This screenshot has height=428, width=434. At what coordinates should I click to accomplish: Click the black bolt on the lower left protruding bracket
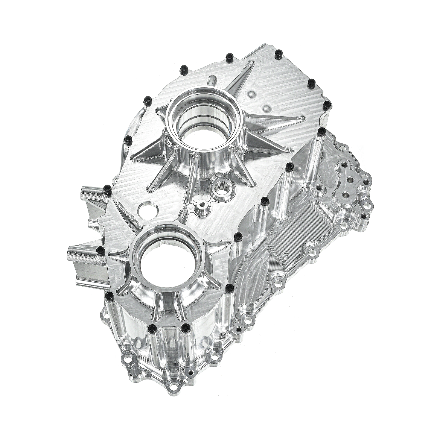[100, 250]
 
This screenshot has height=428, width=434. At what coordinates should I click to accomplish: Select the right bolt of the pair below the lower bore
[185, 328]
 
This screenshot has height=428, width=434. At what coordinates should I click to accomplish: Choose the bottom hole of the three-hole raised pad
[345, 196]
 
